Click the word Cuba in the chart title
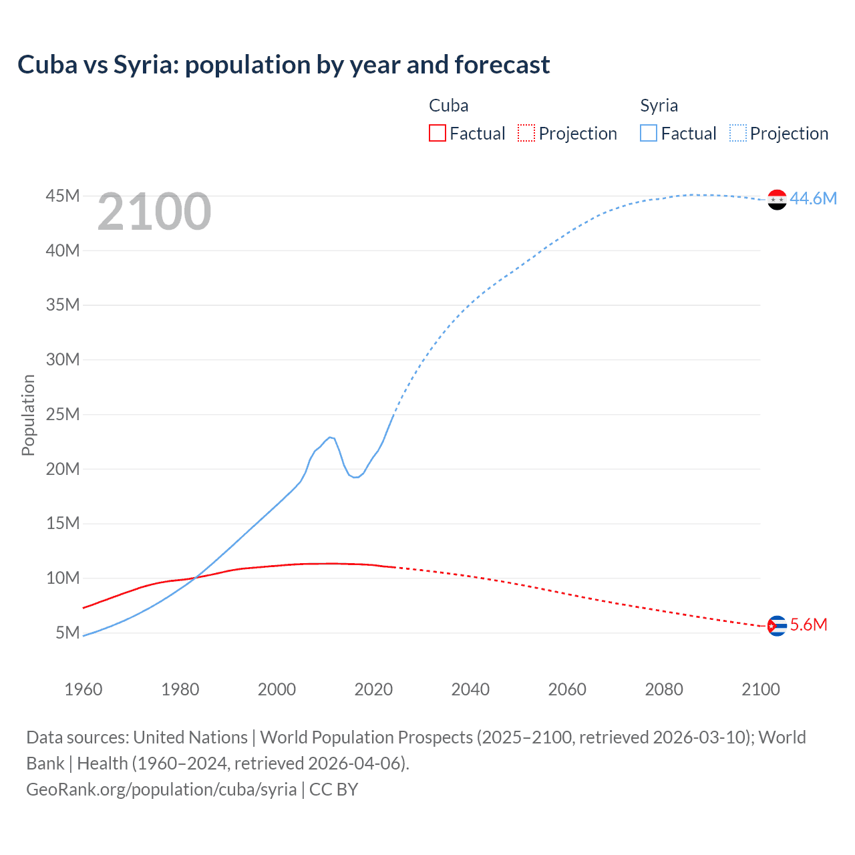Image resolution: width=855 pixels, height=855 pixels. coord(47,65)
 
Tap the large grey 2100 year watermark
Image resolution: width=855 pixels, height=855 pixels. coord(154,212)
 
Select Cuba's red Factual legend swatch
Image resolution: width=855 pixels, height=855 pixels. coord(437,133)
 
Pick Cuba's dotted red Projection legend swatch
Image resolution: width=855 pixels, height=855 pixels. coord(526,133)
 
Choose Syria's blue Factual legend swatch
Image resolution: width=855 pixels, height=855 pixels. coord(649,133)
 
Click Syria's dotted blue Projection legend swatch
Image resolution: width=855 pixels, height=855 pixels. coord(737,133)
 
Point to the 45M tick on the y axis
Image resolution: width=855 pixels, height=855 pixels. coord(63,196)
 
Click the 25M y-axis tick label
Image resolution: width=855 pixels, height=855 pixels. coord(63,414)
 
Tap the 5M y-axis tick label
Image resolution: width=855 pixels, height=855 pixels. coord(67,632)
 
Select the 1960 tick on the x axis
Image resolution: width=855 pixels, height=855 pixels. coord(83,689)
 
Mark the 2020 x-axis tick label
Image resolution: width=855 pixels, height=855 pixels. coord(373,689)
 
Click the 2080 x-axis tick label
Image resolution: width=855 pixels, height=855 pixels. coord(664,689)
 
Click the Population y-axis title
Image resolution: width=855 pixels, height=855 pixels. coord(28,415)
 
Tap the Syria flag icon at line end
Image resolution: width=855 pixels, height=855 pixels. coord(777,199)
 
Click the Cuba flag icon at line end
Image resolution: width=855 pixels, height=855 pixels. coord(777,626)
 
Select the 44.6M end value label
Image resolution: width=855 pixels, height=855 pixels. coord(813,198)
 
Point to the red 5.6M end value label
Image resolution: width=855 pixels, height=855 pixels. coord(808,625)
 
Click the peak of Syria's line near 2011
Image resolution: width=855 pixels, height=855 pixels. coord(329,437)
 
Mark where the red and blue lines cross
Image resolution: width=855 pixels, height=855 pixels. coord(196,577)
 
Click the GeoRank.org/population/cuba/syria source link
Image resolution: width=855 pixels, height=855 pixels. coord(161,789)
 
